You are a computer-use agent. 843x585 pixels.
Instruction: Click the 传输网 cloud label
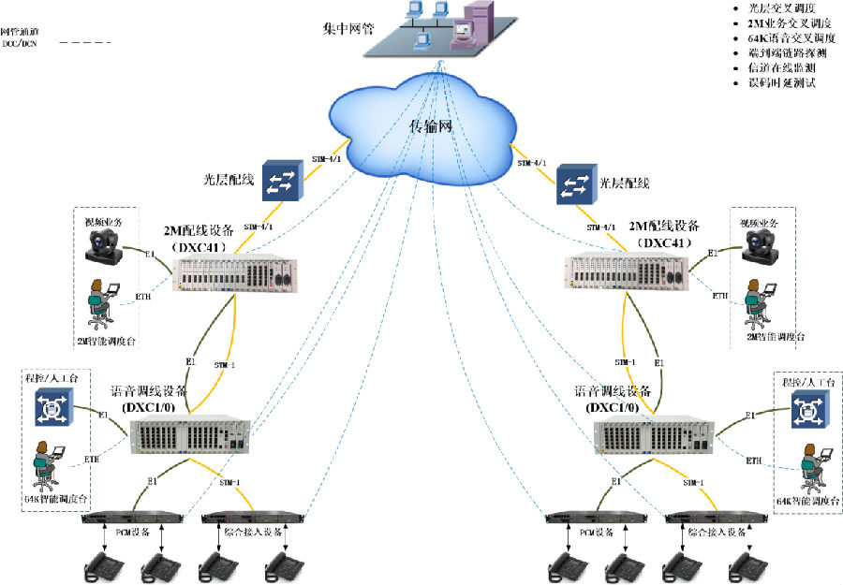(432, 125)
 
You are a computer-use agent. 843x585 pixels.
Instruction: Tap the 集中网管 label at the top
(348, 28)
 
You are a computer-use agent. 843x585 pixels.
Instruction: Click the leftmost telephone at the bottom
(100, 565)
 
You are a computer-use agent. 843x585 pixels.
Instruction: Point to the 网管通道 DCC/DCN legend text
(20, 37)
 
